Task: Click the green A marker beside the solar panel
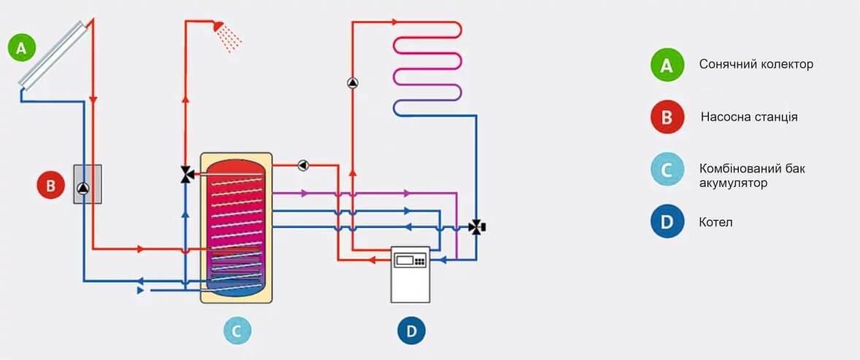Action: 21,48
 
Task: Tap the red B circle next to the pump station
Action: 50,185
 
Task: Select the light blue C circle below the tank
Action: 237,331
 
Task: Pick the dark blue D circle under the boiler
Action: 412,331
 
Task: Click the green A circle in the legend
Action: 667,65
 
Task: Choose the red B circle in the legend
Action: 667,118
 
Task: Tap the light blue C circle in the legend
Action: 667,170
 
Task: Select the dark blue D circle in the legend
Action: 667,222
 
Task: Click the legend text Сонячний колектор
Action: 756,64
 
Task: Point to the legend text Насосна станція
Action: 749,117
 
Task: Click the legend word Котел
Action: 715,222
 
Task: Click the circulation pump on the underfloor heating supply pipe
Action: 353,83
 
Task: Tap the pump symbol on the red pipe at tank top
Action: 303,165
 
